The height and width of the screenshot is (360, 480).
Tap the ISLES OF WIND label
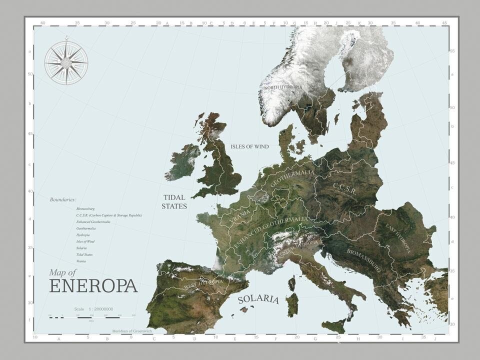(x=249, y=146)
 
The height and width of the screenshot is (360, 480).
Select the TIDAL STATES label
(x=174, y=201)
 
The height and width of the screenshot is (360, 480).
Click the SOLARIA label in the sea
(x=258, y=299)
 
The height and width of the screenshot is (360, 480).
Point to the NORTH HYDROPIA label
(x=283, y=87)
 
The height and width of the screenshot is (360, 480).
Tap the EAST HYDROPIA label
(x=398, y=238)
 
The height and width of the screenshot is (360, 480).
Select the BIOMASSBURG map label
(x=363, y=259)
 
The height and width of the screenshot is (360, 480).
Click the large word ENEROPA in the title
(x=93, y=286)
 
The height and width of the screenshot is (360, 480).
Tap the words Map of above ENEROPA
(x=62, y=272)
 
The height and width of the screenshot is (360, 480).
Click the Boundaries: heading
(x=62, y=199)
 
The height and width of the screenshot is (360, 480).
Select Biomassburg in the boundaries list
(x=85, y=208)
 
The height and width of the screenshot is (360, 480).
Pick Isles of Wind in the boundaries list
(x=85, y=241)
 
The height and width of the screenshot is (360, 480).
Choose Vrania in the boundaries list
(x=81, y=261)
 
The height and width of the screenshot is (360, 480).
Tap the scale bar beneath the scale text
(x=91, y=317)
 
